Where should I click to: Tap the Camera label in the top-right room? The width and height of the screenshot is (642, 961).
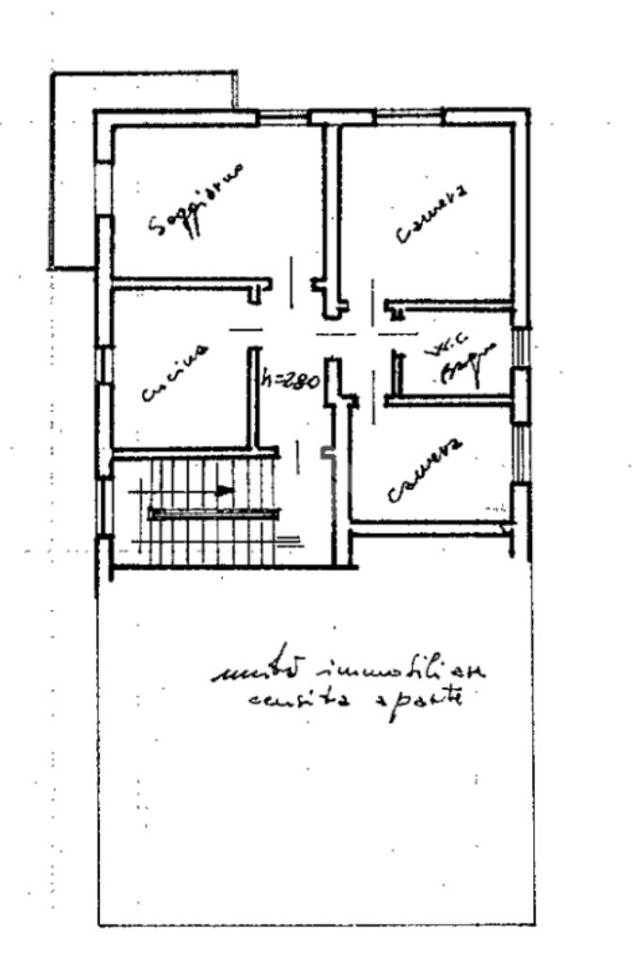pyautogui.click(x=432, y=217)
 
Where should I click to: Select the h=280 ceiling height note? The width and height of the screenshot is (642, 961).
pyautogui.click(x=291, y=381)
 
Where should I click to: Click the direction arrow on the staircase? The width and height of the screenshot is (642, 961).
pyautogui.click(x=222, y=489)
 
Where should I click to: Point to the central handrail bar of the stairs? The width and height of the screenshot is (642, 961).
pyautogui.click(x=214, y=513)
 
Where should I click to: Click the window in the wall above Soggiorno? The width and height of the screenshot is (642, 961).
pyautogui.click(x=283, y=117)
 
